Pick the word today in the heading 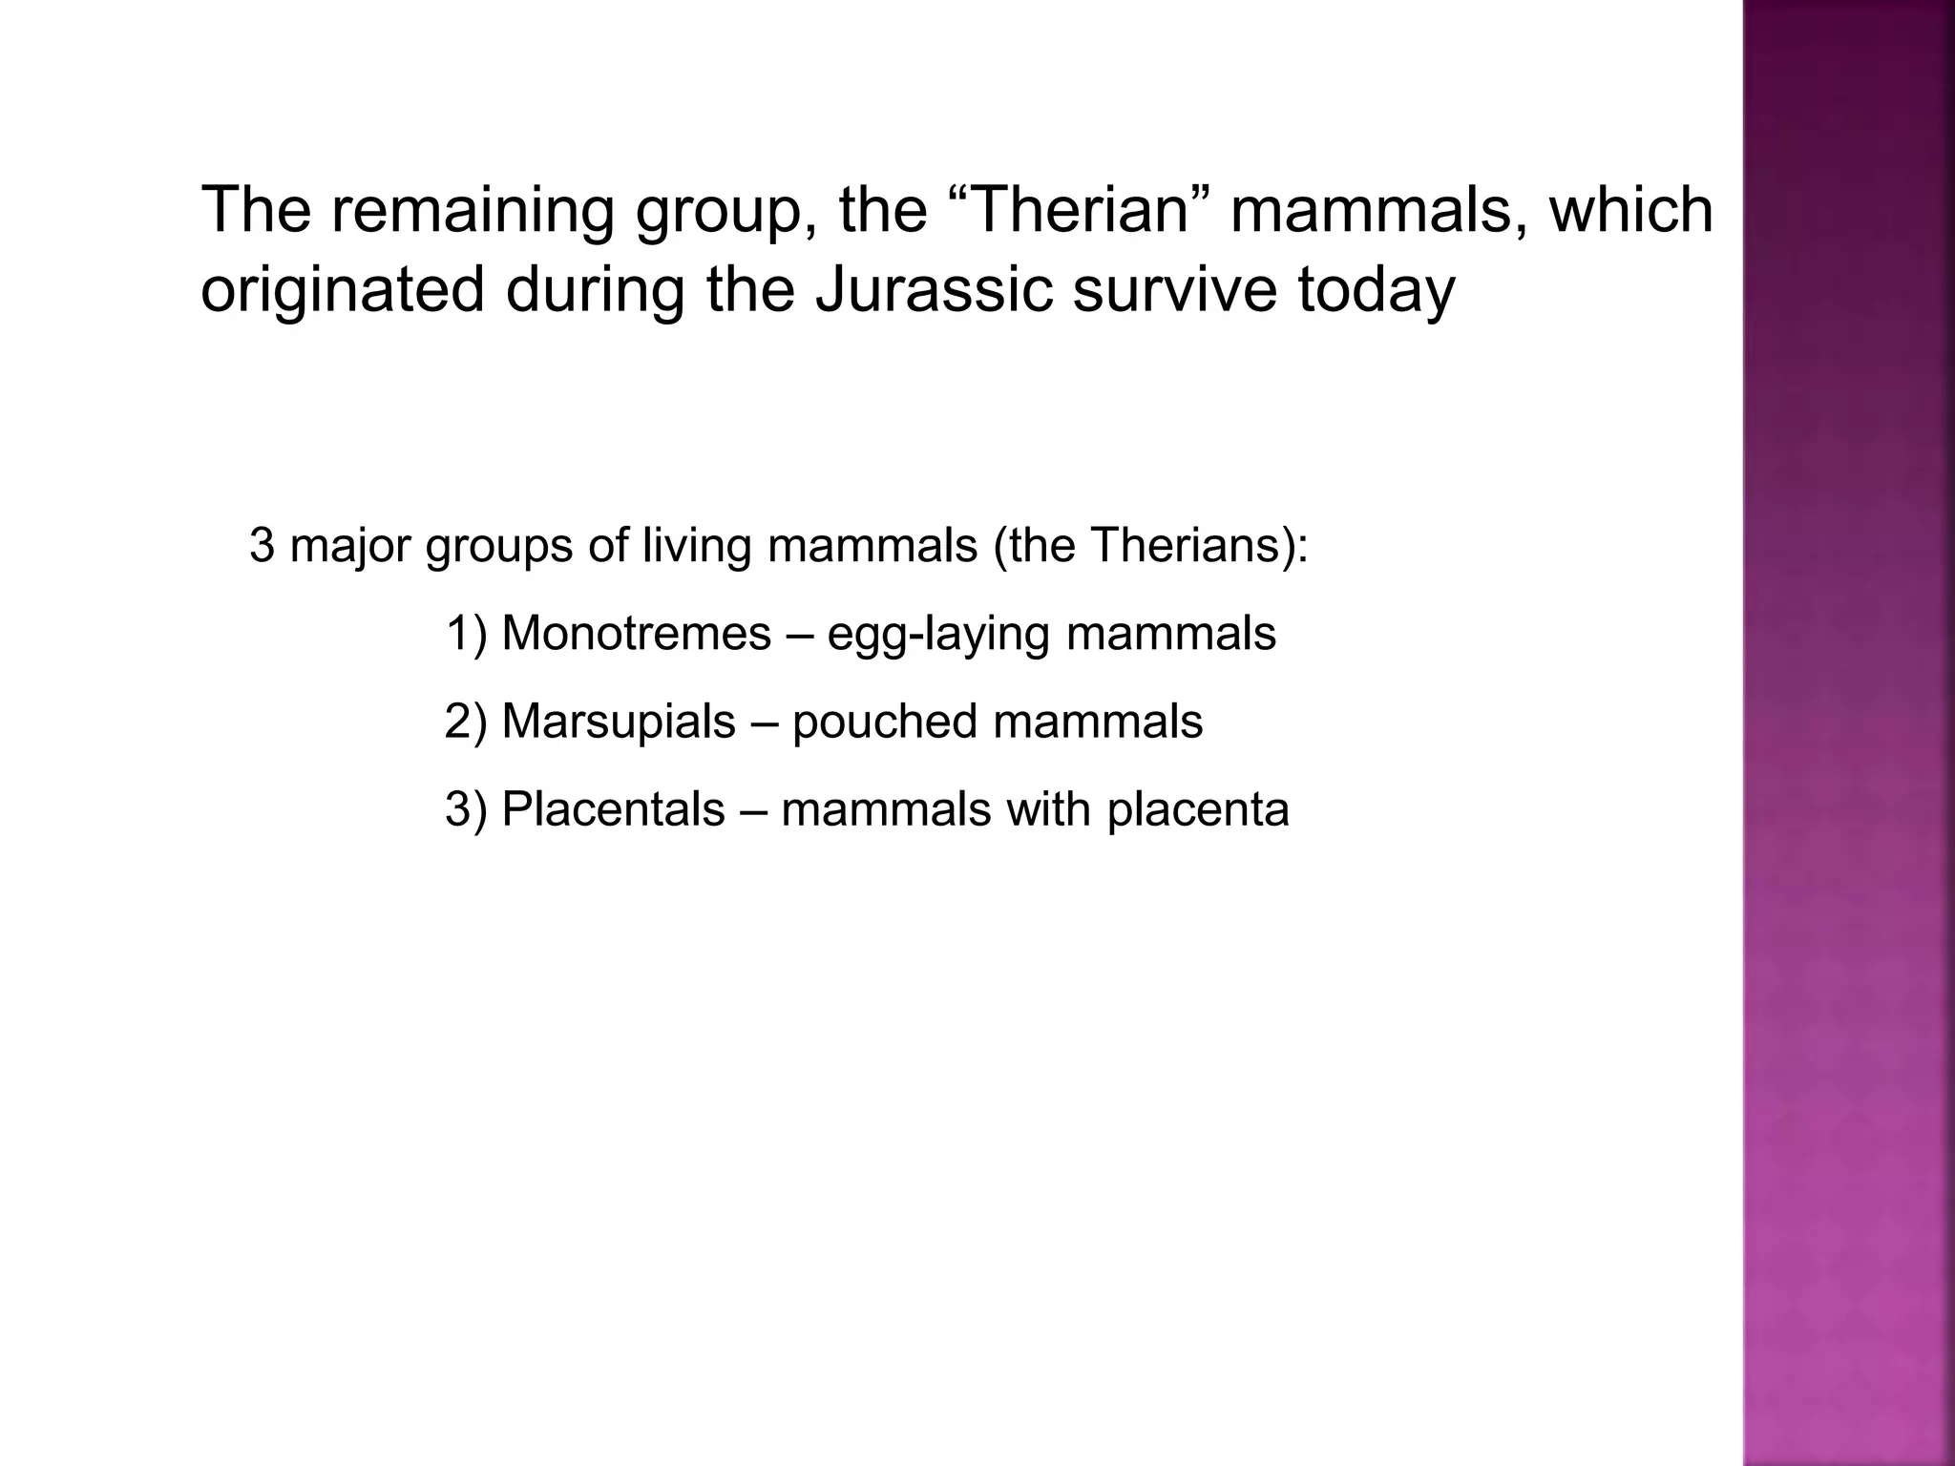pyautogui.click(x=1376, y=291)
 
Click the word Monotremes pyautogui.click(x=636, y=633)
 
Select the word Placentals pyautogui.click(x=613, y=809)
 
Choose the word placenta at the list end pyautogui.click(x=1198, y=810)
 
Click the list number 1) pyautogui.click(x=467, y=633)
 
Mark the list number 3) pyautogui.click(x=467, y=809)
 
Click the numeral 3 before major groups pyautogui.click(x=260, y=546)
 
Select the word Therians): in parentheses pyautogui.click(x=1199, y=546)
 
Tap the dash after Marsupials pyautogui.click(x=764, y=722)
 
